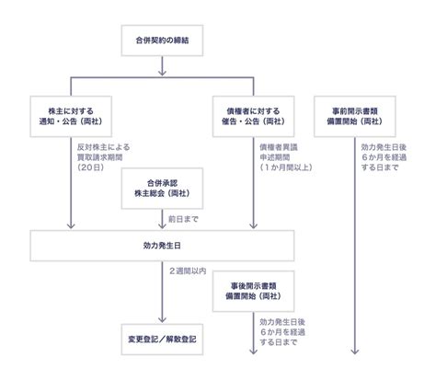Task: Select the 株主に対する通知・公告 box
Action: coord(71,115)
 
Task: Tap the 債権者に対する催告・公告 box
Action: coord(253,115)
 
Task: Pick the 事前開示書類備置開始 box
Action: coord(355,115)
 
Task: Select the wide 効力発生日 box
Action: coord(161,247)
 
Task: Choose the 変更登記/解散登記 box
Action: coord(161,340)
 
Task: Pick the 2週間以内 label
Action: coord(189,272)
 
